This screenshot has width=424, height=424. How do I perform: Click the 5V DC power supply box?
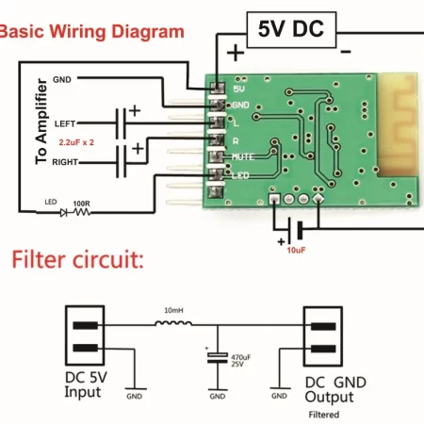[291, 30]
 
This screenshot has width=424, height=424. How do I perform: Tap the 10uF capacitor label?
[296, 251]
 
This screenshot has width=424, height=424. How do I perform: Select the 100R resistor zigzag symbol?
[82, 213]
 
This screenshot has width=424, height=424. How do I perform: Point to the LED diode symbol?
[64, 213]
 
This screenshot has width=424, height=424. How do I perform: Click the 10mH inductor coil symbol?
[173, 323]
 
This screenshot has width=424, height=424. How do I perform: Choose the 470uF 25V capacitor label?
[241, 361]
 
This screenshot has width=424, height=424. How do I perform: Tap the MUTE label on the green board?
[243, 156]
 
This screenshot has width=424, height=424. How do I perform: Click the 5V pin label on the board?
[238, 90]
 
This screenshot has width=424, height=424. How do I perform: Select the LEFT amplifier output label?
[65, 123]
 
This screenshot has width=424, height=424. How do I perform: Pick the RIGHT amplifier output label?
[65, 162]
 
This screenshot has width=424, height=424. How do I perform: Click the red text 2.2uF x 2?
[76, 142]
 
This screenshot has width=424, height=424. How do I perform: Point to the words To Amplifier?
[41, 122]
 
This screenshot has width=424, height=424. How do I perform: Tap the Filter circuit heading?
[77, 260]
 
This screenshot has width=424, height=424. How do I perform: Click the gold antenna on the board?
[398, 124]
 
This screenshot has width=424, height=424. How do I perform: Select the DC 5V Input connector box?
[85, 335]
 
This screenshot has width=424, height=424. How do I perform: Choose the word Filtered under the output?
[324, 415]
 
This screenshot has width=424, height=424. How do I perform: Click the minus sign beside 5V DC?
[346, 52]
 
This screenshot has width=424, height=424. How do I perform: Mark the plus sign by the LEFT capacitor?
[135, 110]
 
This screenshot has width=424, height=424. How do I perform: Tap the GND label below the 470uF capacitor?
[218, 397]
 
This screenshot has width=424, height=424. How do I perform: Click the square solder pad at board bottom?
[274, 199]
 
